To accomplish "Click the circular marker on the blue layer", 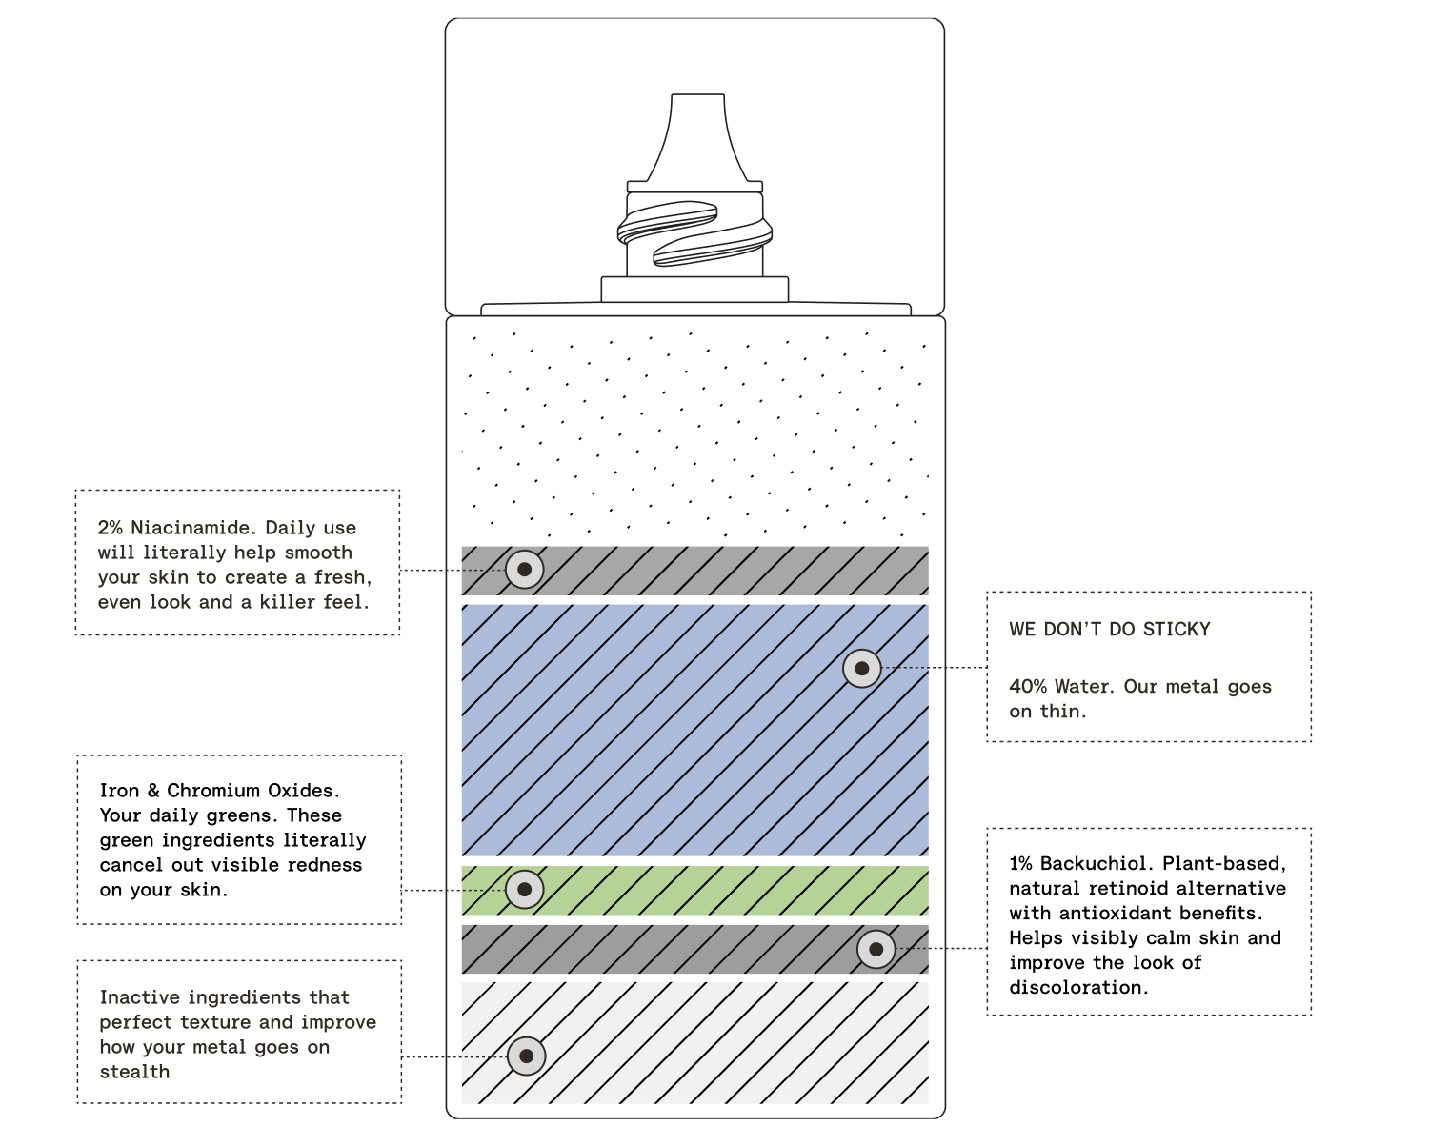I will (862, 669).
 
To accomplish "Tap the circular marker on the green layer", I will (524, 890).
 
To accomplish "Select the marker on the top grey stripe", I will (524, 570).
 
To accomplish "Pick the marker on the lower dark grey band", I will (876, 949).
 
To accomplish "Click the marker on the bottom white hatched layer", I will (526, 1056).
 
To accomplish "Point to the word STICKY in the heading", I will (1177, 630).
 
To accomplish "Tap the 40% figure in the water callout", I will (1028, 687).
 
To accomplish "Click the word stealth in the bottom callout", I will (134, 1072).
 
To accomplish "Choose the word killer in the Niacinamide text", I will (288, 602).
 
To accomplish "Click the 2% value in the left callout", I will (110, 528).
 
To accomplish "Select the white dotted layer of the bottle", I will (694, 433).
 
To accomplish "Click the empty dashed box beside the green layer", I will (239, 839).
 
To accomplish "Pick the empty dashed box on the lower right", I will (1149, 921).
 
